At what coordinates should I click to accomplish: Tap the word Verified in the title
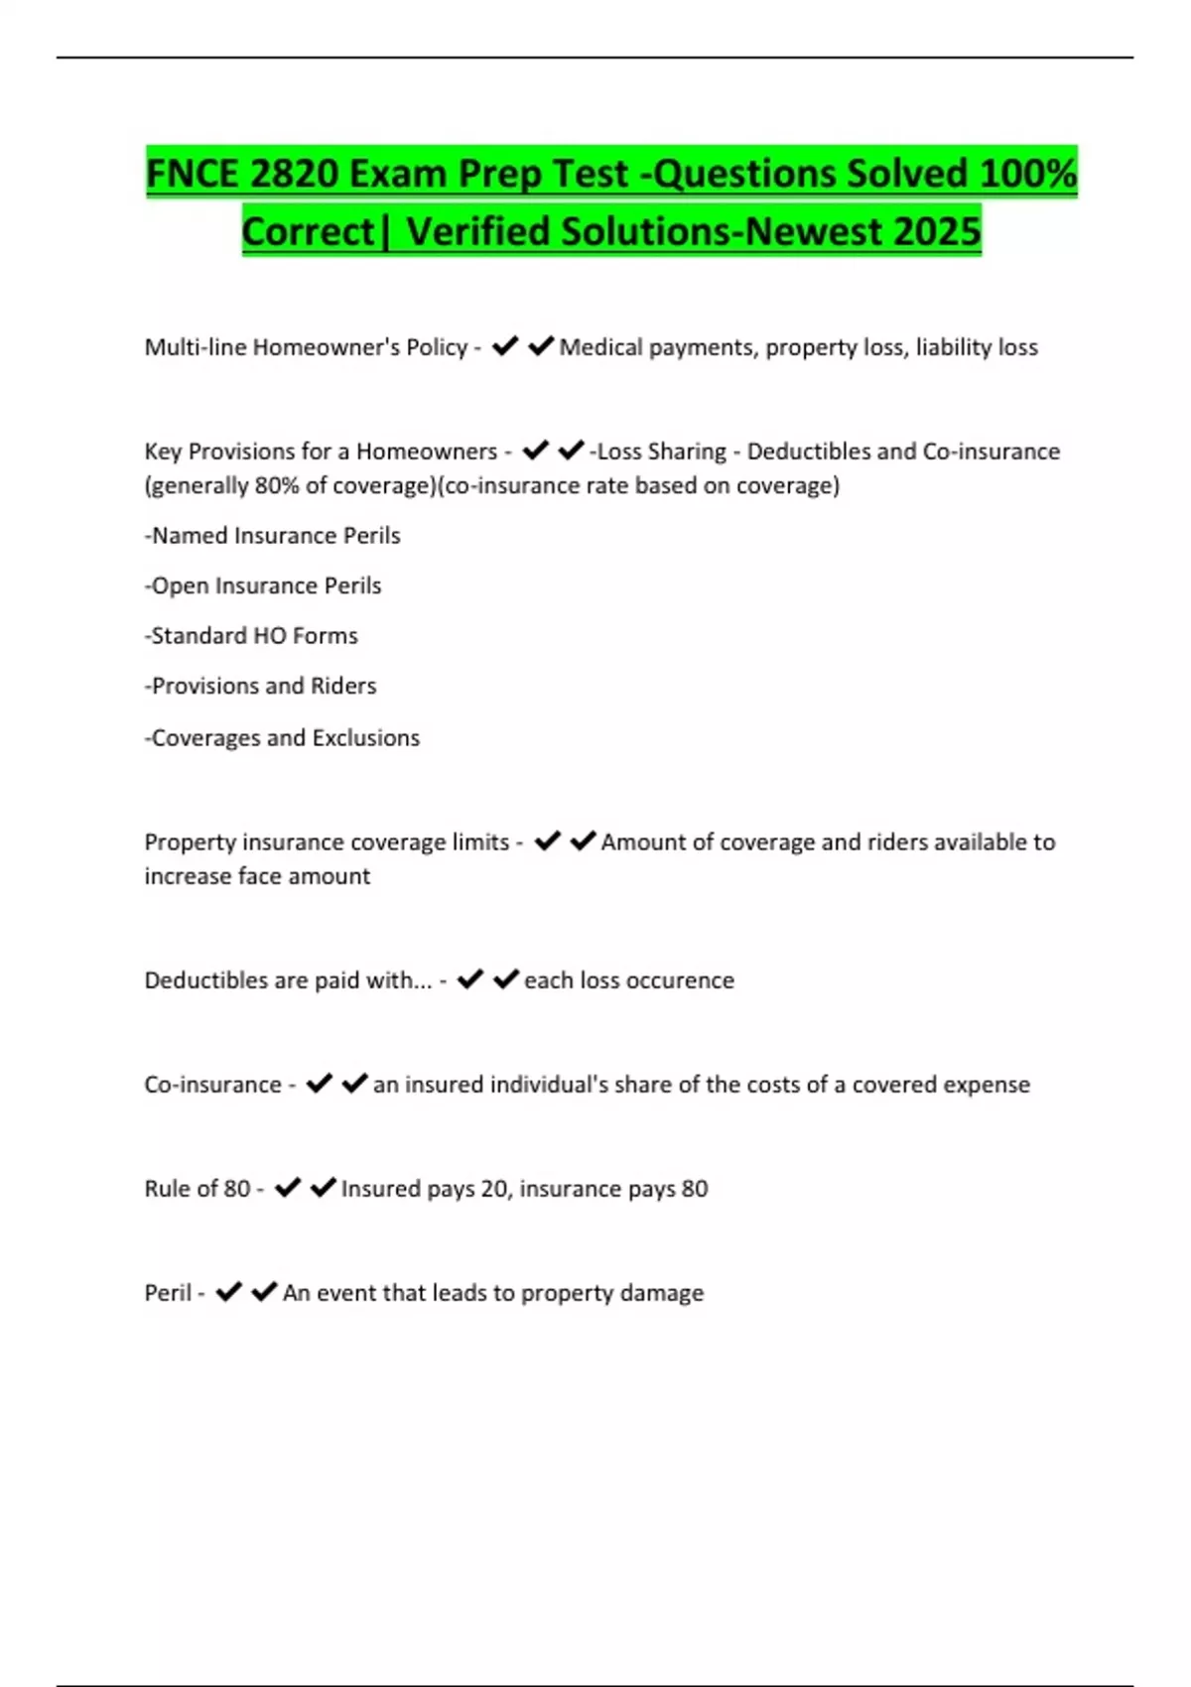[477, 231]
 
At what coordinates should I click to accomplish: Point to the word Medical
[600, 347]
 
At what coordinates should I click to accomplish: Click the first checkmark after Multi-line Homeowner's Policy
[505, 346]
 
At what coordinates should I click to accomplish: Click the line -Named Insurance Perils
[273, 536]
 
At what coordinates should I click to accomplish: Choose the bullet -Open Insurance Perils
[263, 585]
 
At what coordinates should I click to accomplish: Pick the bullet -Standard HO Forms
[251, 636]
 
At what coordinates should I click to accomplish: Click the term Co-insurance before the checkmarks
[212, 1085]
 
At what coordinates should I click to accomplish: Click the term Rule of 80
[198, 1189]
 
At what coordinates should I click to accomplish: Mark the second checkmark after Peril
[264, 1292]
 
